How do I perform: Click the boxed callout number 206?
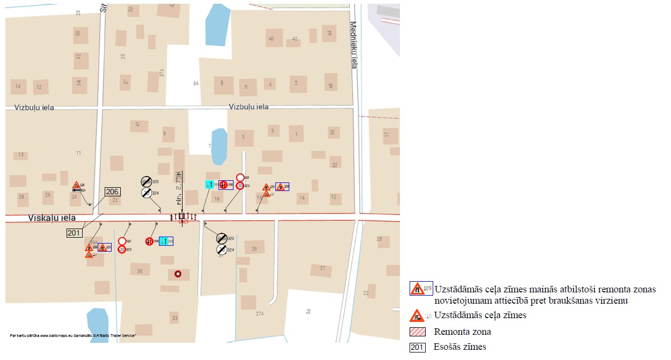pos(112,192)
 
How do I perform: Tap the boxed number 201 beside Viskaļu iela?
pos(74,232)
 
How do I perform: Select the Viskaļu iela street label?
pos(52,218)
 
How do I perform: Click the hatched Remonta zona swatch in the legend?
pos(417,332)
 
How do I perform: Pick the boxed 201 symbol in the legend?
pos(417,347)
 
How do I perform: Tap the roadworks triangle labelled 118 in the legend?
pos(417,315)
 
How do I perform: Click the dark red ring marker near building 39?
pos(178,274)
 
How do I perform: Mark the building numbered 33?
pos(174,318)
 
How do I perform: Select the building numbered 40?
pos(271,39)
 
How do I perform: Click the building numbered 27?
pos(322,268)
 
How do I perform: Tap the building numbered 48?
pos(331,86)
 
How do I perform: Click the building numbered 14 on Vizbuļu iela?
pos(18,86)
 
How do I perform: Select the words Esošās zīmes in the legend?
pos(460,347)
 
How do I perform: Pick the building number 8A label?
pos(196,84)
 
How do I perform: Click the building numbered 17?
pos(386,134)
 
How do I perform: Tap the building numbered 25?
pos(380,239)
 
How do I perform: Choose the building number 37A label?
pos(161,73)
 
